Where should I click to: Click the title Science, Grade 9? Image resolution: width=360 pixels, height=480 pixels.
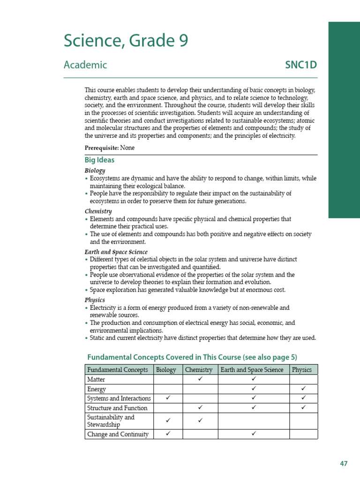tap(126, 41)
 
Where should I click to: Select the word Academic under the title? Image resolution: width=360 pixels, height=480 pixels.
tap(85, 65)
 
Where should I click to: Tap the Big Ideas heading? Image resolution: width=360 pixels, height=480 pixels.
tap(99, 160)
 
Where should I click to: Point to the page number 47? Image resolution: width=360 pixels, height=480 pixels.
tap(344, 464)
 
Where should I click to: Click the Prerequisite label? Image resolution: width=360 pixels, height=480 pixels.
tap(101, 148)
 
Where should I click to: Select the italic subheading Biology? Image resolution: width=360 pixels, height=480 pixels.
tap(95, 171)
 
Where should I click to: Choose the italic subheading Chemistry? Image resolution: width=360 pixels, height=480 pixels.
tap(98, 211)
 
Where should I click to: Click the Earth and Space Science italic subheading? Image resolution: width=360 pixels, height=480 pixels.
tap(116, 252)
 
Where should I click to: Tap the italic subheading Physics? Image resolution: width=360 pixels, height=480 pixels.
tap(95, 300)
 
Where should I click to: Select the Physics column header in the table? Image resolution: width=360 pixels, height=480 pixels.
tap(302, 369)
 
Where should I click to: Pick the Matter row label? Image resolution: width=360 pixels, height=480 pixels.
tap(96, 379)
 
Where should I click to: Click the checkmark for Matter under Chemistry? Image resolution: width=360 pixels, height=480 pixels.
tap(200, 379)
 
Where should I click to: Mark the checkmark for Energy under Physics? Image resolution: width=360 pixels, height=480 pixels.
tap(303, 389)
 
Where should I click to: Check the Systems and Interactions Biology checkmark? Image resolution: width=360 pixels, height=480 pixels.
tap(168, 398)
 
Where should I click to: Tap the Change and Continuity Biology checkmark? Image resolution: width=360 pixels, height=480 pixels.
tap(168, 434)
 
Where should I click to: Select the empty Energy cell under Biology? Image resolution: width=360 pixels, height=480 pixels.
tap(168, 389)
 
